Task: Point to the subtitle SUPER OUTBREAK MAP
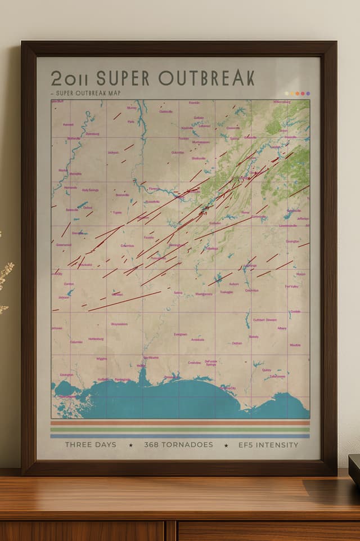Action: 87,93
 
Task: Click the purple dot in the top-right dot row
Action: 308,93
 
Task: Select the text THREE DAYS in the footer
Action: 91,445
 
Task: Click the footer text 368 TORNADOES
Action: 178,445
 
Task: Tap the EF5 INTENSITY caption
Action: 268,445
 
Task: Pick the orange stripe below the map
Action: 180,423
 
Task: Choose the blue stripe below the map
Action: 180,435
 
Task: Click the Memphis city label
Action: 75,174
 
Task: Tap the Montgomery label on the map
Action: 204,294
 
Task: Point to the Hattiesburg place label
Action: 96,339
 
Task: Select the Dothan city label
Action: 237,343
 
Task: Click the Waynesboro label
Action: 119,324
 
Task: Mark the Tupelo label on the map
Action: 117,213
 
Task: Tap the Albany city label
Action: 282,328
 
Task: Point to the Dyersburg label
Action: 92,134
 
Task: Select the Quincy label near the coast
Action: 266,370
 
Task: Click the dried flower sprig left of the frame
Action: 4,276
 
